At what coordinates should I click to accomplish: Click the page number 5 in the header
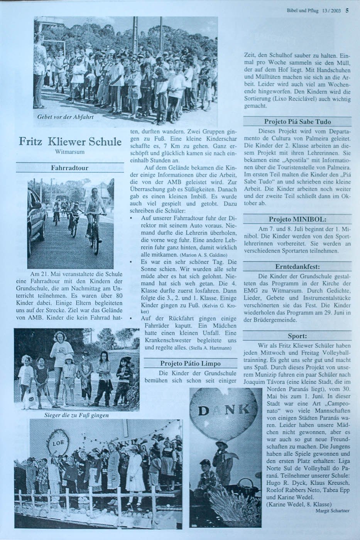point(347,11)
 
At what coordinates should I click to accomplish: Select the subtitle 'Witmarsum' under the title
point(70,153)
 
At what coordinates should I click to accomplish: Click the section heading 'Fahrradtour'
point(70,168)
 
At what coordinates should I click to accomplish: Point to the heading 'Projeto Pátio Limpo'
point(190,363)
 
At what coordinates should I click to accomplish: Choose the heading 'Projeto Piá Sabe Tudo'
point(297,122)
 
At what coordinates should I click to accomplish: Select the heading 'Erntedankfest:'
point(297,267)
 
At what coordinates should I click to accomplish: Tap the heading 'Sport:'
point(297,336)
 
